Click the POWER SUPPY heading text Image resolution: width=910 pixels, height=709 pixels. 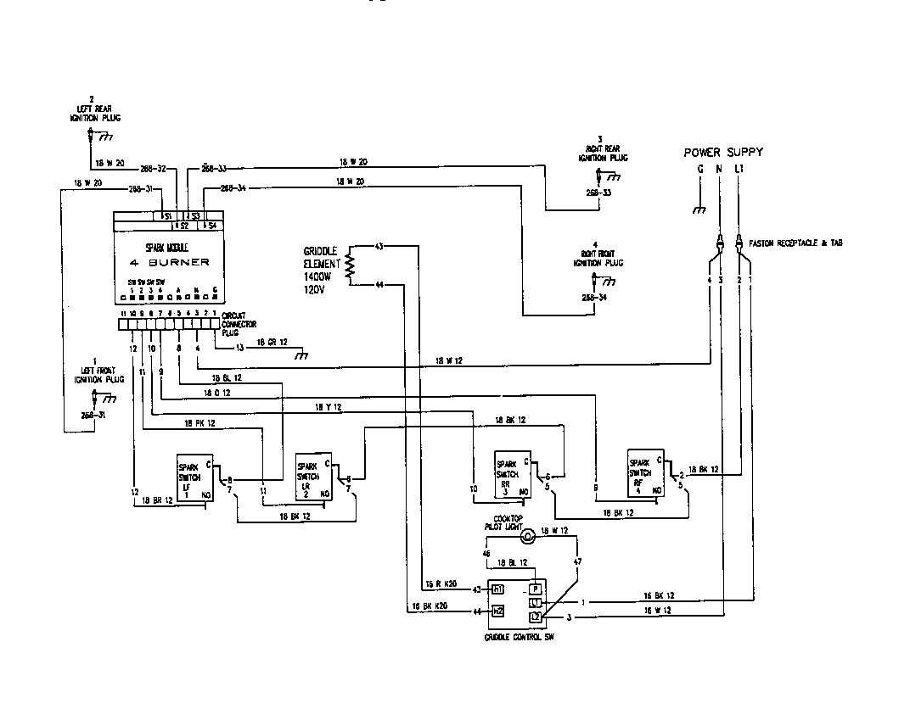point(723,153)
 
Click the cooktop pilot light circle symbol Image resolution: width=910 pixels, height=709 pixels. point(527,535)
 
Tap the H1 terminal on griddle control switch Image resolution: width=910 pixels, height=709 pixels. point(498,589)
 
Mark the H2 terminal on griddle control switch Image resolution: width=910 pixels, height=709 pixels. point(498,611)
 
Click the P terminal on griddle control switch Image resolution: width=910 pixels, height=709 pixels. point(535,589)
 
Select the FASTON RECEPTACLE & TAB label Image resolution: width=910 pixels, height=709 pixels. point(795,243)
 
